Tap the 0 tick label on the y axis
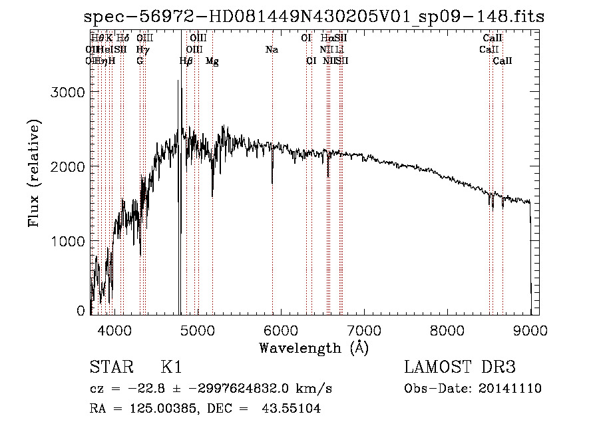[x=81, y=310]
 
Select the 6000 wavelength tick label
[x=280, y=329]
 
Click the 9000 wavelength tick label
[x=530, y=329]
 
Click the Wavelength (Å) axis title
[x=313, y=347]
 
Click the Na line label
[x=272, y=50]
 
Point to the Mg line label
[x=212, y=61]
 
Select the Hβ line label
[x=186, y=61]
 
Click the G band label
[x=140, y=61]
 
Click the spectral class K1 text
[x=171, y=368]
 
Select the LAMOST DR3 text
[x=459, y=368]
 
